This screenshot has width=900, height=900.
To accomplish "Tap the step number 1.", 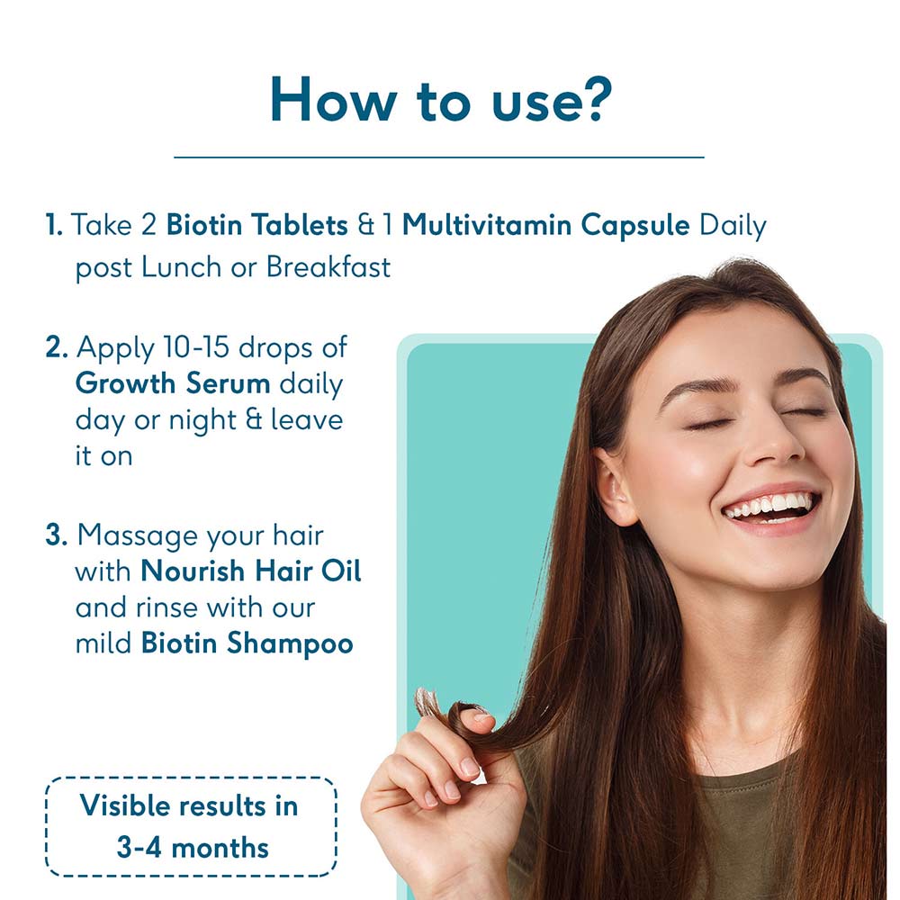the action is [53, 224].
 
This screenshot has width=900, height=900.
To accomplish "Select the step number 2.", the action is [56, 347].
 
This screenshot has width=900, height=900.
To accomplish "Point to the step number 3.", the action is [56, 535].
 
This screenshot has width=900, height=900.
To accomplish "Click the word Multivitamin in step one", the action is [487, 224].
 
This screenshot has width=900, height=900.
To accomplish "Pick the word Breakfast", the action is [328, 267].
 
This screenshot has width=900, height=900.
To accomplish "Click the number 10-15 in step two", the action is [195, 347].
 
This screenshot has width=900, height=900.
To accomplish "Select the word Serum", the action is [228, 383].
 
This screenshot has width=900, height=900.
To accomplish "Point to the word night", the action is [202, 420].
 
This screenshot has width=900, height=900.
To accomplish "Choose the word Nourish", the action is [193, 571].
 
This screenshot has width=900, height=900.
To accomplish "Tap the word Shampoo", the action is [289, 643].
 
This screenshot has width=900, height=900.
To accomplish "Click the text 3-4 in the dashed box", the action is [139, 847].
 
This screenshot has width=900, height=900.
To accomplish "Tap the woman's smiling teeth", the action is [770, 506].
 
